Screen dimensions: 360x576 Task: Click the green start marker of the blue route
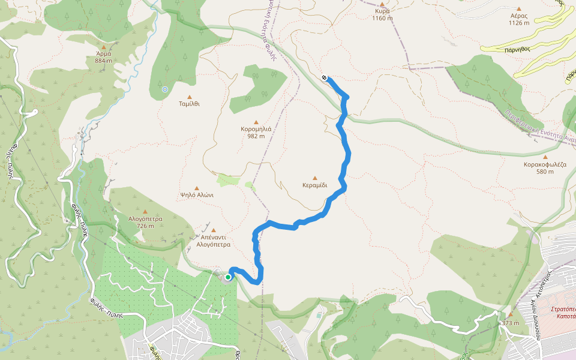click(228, 277)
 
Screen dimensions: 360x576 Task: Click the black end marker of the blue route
click(324, 77)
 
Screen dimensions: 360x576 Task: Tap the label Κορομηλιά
click(256, 128)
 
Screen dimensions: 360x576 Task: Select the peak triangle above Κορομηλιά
click(256, 121)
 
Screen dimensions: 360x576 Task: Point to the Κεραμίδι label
click(315, 185)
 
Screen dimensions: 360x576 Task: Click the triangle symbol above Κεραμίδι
click(315, 178)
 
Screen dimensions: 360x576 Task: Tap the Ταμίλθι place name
click(189, 103)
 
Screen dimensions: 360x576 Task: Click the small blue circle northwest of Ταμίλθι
click(165, 89)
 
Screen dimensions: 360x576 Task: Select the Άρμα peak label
click(104, 53)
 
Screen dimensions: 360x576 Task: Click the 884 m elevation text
click(104, 61)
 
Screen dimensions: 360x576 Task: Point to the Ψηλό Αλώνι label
click(197, 194)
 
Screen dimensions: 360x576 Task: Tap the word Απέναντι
click(213, 238)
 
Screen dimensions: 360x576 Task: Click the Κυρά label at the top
click(382, 11)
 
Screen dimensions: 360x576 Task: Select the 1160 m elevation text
click(382, 18)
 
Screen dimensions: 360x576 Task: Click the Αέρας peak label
click(519, 16)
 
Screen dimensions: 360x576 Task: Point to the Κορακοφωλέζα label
click(545, 164)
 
